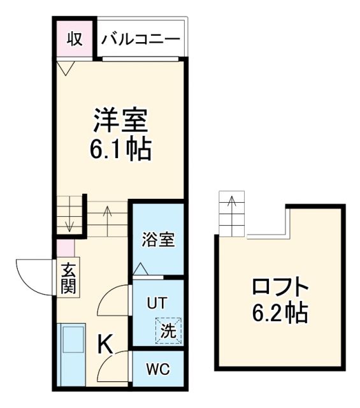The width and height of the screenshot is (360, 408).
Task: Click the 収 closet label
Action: (75, 38)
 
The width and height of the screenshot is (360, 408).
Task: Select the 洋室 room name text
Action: (121, 120)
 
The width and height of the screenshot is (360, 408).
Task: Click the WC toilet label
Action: (157, 370)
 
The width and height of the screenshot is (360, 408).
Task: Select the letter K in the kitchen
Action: (105, 345)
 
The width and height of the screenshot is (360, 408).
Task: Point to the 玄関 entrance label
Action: (67, 279)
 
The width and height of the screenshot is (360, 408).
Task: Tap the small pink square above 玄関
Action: (65, 248)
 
